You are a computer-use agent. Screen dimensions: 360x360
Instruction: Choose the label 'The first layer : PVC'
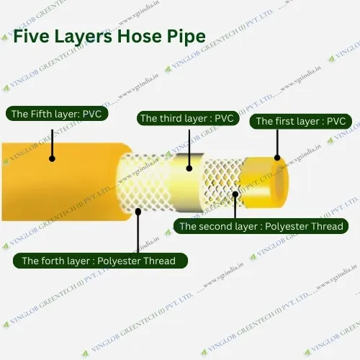(x=301, y=122)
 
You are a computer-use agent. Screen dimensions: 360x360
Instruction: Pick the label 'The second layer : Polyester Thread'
(x=261, y=226)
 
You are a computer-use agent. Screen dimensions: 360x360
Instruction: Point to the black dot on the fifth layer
(x=52, y=158)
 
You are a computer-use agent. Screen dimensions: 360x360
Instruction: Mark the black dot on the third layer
(x=189, y=168)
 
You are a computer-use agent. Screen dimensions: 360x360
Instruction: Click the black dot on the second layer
(x=235, y=192)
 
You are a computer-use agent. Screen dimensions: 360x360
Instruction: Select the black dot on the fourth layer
(x=139, y=211)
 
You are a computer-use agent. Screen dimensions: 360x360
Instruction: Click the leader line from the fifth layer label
(x=52, y=140)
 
